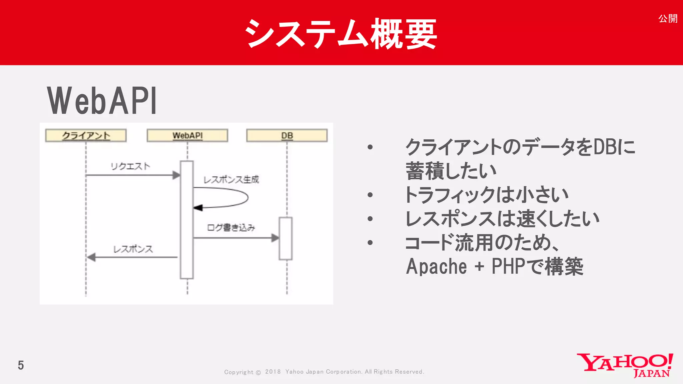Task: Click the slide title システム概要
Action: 341,33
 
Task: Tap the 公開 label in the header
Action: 668,19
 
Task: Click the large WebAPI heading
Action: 102,101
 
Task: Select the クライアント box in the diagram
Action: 86,136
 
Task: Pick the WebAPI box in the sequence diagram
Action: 187,136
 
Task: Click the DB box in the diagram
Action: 287,136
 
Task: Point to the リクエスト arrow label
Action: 130,166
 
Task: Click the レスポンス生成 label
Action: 231,180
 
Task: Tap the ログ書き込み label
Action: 231,228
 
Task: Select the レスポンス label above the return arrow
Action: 133,249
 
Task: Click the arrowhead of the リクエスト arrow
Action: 176,175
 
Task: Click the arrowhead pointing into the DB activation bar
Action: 275,238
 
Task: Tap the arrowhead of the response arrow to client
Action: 91,257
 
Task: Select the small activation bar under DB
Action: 285,238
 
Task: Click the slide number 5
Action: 21,365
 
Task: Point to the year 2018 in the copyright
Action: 273,372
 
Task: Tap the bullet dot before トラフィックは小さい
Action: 370,195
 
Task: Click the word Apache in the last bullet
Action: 436,267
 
